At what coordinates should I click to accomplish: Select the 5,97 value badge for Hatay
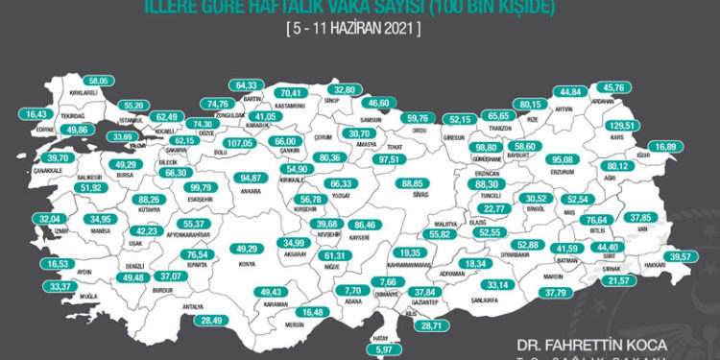click(x=383, y=350)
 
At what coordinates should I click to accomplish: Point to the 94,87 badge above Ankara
click(x=252, y=178)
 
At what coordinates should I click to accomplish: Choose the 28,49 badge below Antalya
click(x=210, y=320)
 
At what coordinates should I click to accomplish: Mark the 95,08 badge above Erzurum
click(x=557, y=159)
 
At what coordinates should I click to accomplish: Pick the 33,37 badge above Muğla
click(x=60, y=286)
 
